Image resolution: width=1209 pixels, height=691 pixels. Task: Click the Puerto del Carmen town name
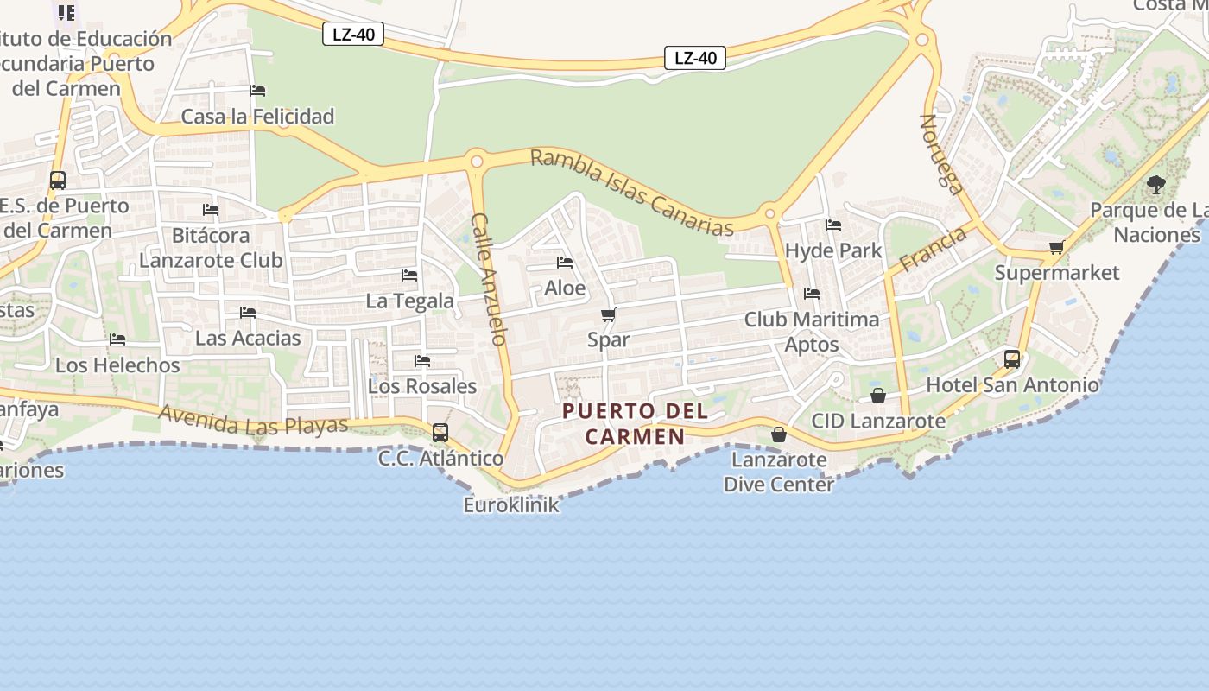point(636,423)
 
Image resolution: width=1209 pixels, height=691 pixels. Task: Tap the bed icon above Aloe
point(565,263)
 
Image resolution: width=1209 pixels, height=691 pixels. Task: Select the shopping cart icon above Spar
point(609,314)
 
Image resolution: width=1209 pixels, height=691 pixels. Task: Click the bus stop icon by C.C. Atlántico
point(440,433)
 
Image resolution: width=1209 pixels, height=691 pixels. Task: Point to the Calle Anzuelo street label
point(488,279)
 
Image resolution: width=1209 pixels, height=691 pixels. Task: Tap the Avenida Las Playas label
point(253,422)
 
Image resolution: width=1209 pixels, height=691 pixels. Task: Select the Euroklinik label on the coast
point(511,504)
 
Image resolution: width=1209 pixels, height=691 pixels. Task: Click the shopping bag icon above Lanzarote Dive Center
point(779,434)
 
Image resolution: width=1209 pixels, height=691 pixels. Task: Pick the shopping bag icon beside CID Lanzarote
point(878,396)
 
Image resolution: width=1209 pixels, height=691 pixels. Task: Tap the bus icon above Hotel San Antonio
point(1012,358)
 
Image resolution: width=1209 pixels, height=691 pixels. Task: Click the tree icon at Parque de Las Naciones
point(1155,184)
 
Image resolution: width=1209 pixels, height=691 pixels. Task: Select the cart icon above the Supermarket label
point(1056,248)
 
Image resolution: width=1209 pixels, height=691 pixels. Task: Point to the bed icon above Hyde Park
point(833,225)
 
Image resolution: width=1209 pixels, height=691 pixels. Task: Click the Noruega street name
point(941,154)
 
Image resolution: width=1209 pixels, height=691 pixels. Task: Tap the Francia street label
point(933,249)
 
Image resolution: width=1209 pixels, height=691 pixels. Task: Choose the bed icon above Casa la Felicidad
point(257,91)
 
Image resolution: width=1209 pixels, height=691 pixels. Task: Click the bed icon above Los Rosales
point(422,361)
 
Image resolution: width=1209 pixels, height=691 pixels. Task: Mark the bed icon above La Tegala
point(409,276)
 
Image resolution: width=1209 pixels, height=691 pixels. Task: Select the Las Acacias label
point(248,338)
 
